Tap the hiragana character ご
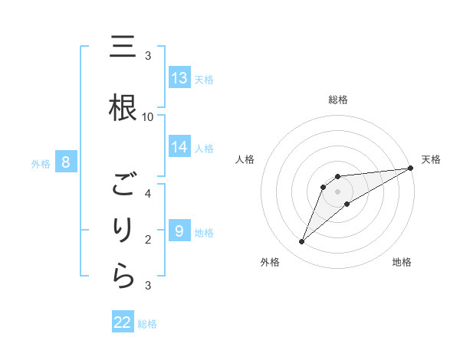pos(125,185)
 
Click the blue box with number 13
pos(179,77)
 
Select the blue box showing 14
pos(179,147)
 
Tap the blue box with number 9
pos(179,231)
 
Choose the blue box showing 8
pos(66,162)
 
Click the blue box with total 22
pos(123,322)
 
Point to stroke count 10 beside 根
pos(148,116)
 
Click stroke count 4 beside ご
pos(148,193)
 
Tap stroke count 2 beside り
pos(148,240)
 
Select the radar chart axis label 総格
pos(338,100)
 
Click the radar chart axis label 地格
pos(402,262)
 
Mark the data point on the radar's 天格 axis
pos(411,168)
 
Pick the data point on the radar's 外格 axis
pos(301,242)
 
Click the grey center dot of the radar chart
pos(338,191)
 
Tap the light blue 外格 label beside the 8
pos(41,163)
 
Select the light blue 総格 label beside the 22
pos(147,324)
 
